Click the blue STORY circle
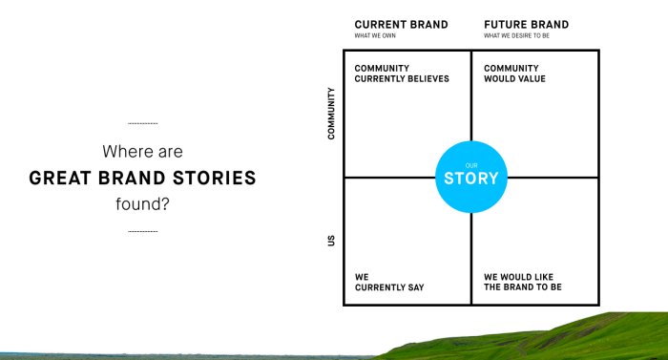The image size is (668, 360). point(470,177)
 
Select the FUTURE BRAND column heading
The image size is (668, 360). point(526,25)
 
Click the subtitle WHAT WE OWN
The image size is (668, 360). point(375,36)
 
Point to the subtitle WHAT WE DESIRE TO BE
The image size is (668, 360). point(516,36)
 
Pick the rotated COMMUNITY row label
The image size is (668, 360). point(331,114)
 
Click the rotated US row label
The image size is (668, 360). point(331,241)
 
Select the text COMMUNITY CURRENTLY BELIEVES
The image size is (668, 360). point(401,74)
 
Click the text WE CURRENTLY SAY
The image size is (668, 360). point(389,282)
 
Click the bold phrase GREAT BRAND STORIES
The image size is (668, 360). point(142,178)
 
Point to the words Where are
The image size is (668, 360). point(142,151)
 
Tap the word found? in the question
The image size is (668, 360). point(142,203)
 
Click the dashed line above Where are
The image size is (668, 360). point(142,124)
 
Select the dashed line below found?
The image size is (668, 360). point(142,231)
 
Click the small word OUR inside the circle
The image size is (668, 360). point(470,164)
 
